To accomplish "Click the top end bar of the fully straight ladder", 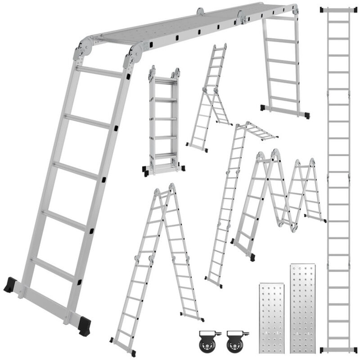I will (x=338, y=9).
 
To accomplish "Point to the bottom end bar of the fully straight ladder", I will (x=338, y=349).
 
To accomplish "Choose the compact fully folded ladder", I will (x=163, y=121).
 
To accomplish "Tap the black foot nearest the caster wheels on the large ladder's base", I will (x=84, y=326).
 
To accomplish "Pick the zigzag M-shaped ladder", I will (x=279, y=198).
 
